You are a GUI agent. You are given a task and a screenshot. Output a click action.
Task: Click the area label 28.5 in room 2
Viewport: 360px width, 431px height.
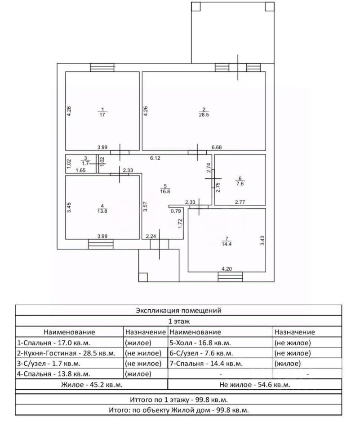point(204,115)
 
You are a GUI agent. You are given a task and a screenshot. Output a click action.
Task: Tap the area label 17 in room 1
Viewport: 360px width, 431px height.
point(102,115)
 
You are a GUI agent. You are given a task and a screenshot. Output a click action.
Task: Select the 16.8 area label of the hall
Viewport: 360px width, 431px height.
point(165,191)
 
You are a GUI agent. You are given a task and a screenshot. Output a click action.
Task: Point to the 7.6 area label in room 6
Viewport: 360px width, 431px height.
point(240,184)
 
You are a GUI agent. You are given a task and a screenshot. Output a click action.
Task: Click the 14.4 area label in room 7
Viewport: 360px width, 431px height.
point(227,244)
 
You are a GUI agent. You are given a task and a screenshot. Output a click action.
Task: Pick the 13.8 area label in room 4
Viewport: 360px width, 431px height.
point(102,211)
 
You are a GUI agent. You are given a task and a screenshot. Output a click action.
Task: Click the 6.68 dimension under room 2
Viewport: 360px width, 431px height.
point(217,147)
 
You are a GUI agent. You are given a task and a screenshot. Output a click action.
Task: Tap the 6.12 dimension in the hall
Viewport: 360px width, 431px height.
point(155,158)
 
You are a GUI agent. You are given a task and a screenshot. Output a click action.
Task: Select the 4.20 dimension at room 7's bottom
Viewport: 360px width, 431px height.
point(227,269)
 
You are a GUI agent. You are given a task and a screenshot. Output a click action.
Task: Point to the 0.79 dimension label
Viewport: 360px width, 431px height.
point(176,211)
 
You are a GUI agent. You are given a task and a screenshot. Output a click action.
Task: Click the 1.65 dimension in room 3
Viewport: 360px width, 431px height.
point(80,170)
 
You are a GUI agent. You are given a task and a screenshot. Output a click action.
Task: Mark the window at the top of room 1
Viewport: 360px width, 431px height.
point(102,68)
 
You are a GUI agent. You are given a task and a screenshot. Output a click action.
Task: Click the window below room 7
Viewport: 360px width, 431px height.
point(231,277)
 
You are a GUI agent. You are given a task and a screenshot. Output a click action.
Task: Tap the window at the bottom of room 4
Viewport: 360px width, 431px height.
point(101,244)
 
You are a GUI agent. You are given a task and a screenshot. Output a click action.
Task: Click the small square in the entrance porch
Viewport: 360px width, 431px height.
point(143,277)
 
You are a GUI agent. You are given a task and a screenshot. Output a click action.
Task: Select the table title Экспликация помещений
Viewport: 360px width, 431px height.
point(178,311)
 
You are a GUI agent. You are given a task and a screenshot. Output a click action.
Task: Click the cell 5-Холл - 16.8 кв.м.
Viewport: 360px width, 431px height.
point(200,343)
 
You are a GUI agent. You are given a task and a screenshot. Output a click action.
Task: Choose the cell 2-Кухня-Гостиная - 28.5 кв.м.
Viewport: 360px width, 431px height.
point(67,353)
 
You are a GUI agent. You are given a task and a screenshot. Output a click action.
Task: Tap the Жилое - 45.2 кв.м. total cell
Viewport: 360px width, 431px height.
point(92,385)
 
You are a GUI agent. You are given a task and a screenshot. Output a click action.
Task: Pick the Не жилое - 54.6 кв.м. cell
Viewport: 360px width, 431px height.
point(255,385)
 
